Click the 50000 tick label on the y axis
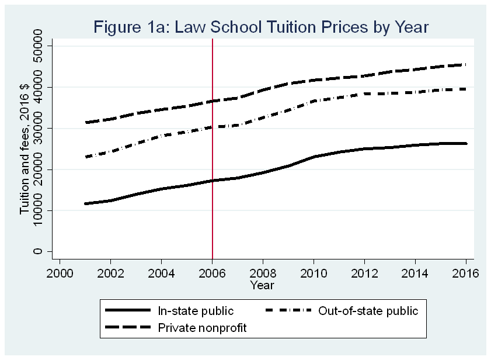[38, 46]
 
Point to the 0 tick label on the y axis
[38, 252]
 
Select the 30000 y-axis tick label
[38, 129]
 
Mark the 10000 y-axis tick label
[38, 211]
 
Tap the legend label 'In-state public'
[196, 311]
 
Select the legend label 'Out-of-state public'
[368, 311]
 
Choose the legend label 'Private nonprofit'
[203, 328]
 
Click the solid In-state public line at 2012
[364, 149]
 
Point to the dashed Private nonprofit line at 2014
[415, 69]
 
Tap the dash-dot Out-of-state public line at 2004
[161, 136]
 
